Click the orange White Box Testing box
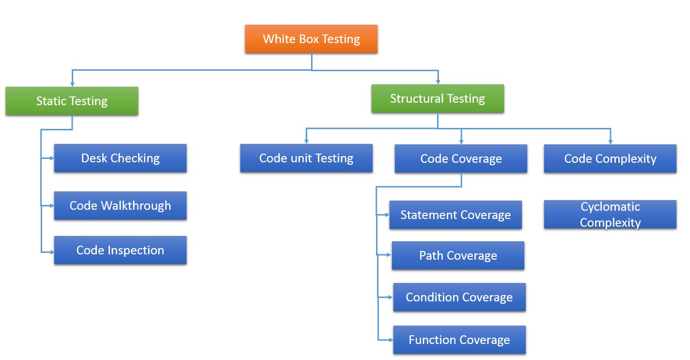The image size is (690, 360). click(x=311, y=39)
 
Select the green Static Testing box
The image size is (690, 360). click(x=72, y=101)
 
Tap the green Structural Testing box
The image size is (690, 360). click(x=438, y=99)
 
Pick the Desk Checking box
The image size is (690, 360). click(x=120, y=158)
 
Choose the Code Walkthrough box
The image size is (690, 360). click(x=120, y=205)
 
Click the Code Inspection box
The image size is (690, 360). click(x=120, y=250)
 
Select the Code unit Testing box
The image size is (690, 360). click(x=306, y=158)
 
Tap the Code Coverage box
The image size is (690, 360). click(x=461, y=159)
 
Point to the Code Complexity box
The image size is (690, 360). click(x=610, y=159)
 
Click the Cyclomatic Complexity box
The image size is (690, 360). click(x=610, y=215)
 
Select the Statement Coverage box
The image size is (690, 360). click(x=455, y=215)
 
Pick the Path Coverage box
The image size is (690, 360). click(x=458, y=256)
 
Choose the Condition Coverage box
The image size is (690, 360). click(x=459, y=297)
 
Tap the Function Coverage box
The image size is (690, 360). click(x=459, y=340)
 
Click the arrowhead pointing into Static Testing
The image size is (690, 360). click(x=72, y=84)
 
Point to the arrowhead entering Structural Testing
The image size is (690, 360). click(x=438, y=82)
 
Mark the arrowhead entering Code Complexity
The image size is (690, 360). click(x=610, y=141)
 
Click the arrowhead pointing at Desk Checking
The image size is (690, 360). click(x=51, y=158)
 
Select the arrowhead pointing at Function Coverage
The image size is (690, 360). click(x=390, y=340)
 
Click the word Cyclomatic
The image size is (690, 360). click(x=610, y=207)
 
